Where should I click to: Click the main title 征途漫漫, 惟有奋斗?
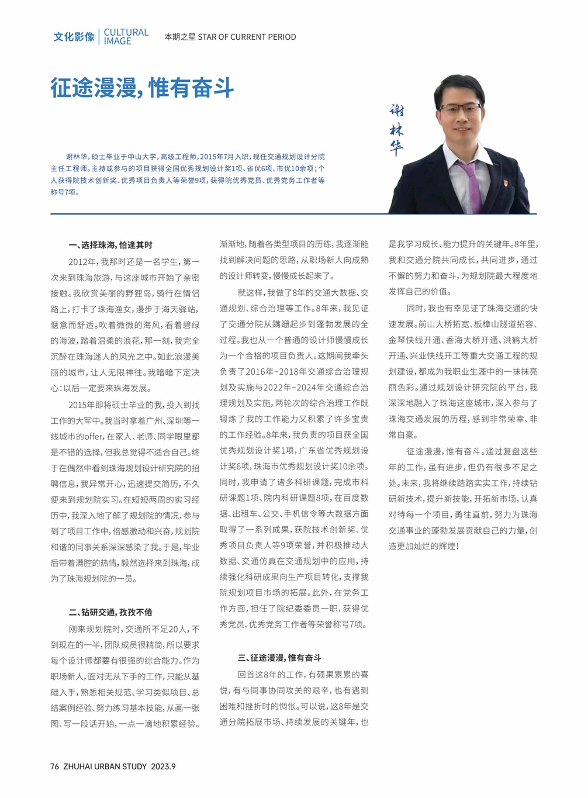142,88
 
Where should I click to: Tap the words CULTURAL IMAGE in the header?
126,37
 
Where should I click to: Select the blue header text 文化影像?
74,37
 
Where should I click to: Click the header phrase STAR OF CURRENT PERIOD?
247,37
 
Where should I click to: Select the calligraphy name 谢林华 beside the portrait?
397,130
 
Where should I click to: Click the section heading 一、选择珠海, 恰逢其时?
110,245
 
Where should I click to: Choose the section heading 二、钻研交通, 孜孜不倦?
110,612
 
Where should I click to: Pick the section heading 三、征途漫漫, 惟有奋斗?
279,658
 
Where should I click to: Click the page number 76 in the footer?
54,767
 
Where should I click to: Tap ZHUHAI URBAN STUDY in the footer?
105,767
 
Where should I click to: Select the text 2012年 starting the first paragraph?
81,262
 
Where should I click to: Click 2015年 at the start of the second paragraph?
81,405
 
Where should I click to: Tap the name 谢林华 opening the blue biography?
76,157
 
